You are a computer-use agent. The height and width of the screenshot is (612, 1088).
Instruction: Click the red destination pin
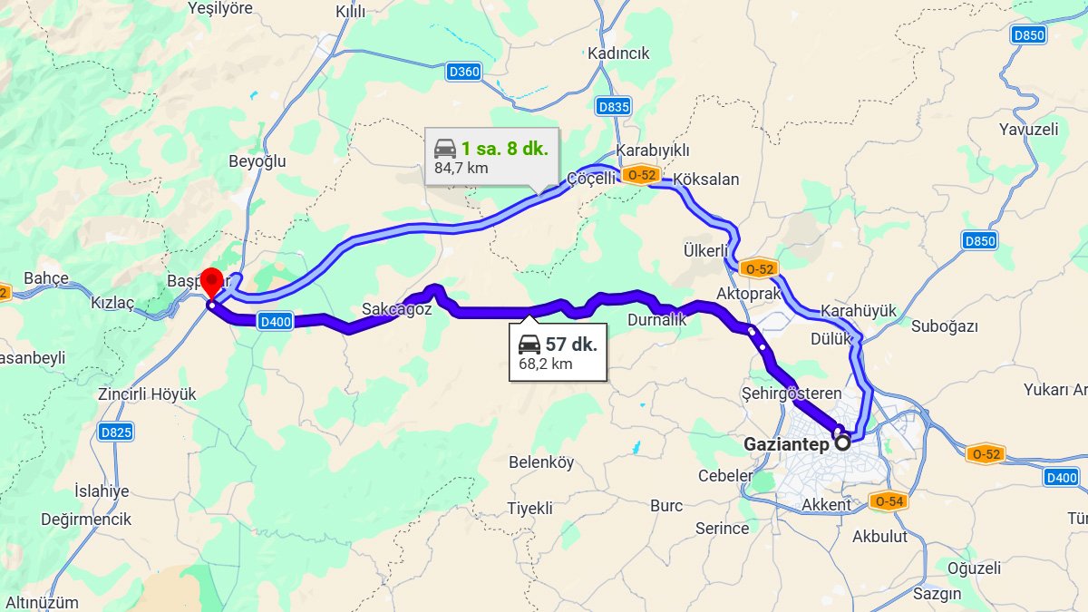pos(211,281)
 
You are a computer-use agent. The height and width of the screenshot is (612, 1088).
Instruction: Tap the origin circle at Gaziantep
pos(842,443)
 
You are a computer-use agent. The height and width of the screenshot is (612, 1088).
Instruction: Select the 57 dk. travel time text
pos(571,345)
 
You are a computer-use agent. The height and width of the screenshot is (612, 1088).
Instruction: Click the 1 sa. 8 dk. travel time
pos(504,149)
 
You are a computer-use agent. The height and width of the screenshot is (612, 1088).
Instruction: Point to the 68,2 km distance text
pos(546,364)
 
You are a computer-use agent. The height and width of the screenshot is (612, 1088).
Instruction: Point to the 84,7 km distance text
pos(461,168)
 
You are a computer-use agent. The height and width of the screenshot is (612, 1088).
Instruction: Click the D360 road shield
pos(463,72)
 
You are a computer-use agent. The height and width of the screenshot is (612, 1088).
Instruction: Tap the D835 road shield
pos(614,107)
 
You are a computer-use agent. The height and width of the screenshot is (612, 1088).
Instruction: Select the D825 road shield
pos(116,432)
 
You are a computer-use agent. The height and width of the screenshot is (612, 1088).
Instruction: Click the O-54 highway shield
pos(888,501)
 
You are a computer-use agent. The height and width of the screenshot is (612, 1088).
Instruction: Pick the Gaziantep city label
pos(786,444)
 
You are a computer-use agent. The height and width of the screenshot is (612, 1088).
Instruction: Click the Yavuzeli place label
pos(1028,129)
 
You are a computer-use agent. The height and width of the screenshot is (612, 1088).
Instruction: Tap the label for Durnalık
pos(656,320)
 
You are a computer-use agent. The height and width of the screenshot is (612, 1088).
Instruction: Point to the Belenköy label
pos(541,462)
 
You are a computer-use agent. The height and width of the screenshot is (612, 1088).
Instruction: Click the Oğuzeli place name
pos(974,568)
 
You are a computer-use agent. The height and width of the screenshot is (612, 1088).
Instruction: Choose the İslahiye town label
pos(102,491)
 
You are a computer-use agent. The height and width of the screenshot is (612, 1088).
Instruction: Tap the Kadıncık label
pos(618,53)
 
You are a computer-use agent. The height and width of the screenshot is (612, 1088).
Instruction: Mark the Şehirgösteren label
pos(792,393)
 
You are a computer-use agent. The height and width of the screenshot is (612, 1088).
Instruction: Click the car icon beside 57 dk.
pos(529,345)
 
